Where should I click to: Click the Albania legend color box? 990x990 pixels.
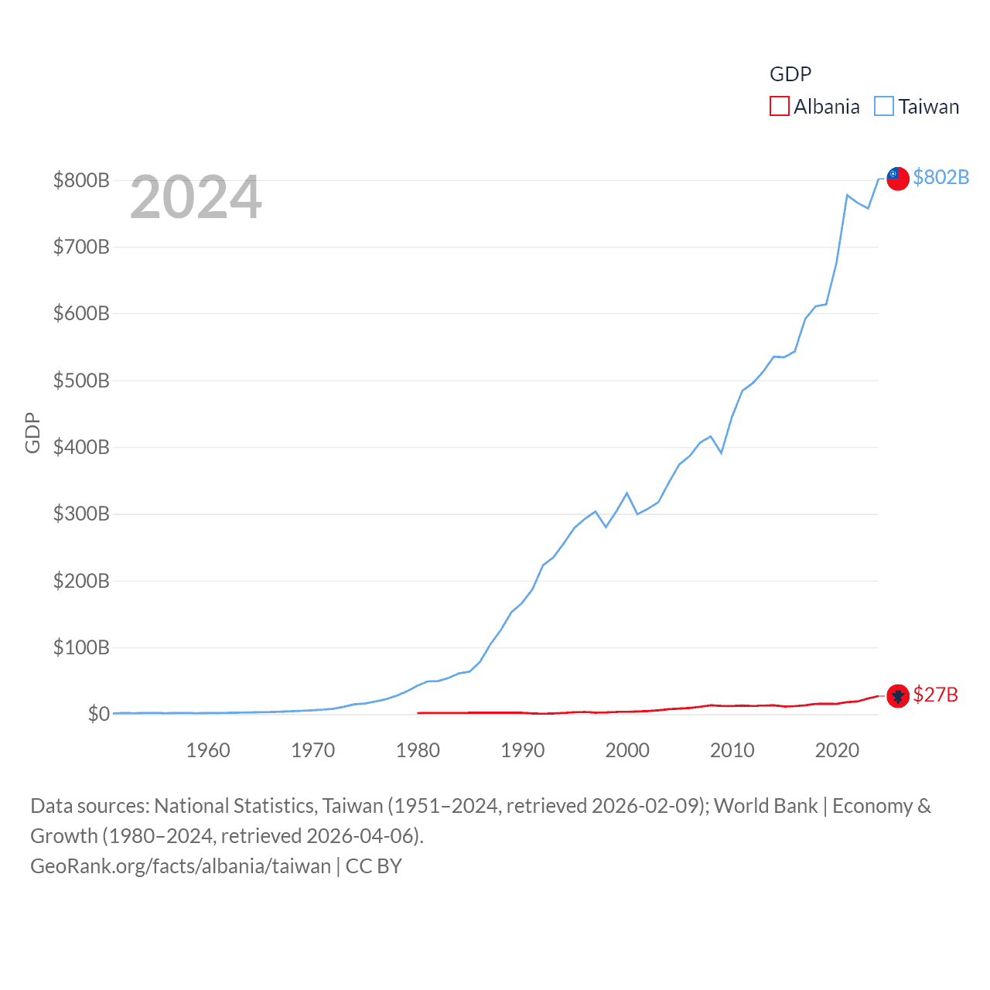tap(779, 106)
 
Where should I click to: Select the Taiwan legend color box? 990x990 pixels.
tap(884, 106)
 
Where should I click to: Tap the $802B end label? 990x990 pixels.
tap(940, 177)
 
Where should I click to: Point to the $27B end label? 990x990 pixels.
tap(935, 695)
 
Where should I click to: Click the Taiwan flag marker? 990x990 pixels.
tap(897, 178)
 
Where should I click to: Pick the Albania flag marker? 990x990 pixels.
tap(897, 696)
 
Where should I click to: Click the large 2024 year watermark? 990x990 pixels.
tap(196, 197)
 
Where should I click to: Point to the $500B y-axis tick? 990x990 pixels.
tap(81, 381)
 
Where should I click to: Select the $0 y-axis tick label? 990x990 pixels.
tap(99, 714)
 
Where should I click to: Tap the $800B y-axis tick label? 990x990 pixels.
tap(81, 180)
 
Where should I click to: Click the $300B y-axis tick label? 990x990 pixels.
tap(81, 514)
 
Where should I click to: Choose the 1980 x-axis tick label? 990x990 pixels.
tap(418, 750)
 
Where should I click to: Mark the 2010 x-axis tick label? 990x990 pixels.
tap(732, 750)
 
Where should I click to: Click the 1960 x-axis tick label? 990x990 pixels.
tap(208, 750)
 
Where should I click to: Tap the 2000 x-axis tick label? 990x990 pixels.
tap(627, 750)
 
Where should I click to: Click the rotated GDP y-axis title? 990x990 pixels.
tap(32, 433)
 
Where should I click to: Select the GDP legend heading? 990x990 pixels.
tap(790, 74)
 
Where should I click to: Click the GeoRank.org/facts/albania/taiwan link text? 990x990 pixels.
tap(180, 866)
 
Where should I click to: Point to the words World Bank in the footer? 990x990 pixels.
tap(766, 806)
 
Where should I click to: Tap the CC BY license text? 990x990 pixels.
tap(374, 866)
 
